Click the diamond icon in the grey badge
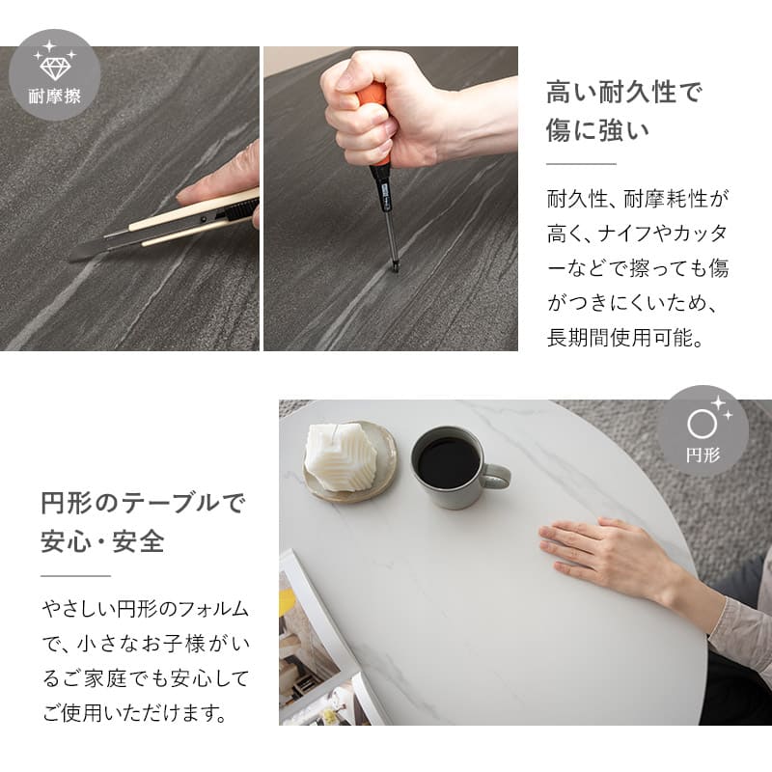pyautogui.click(x=55, y=68)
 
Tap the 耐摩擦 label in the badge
pyautogui.click(x=55, y=96)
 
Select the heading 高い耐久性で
pyautogui.click(x=623, y=92)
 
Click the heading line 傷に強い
pyautogui.click(x=597, y=130)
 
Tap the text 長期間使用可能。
pyautogui.click(x=625, y=338)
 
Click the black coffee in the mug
pyautogui.click(x=448, y=461)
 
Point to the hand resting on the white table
pyautogui.click(x=606, y=551)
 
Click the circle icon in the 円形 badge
pyautogui.click(x=702, y=425)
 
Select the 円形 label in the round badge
pyautogui.click(x=703, y=455)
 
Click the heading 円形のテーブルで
pyautogui.click(x=142, y=503)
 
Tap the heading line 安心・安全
pyautogui.click(x=103, y=541)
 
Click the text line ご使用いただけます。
pyautogui.click(x=135, y=713)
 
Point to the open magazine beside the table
pyautogui.click(x=320, y=649)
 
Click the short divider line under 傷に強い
pyautogui.click(x=581, y=164)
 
